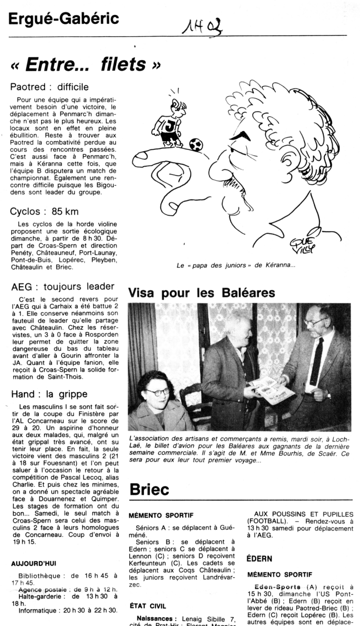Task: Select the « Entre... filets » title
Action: [86, 64]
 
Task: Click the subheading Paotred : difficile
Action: [50, 87]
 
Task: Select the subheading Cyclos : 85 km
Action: [45, 211]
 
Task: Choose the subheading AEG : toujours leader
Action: [62, 286]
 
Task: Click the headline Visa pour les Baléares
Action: [202, 293]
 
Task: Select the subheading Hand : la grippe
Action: [49, 393]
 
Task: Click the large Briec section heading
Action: [150, 489]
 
